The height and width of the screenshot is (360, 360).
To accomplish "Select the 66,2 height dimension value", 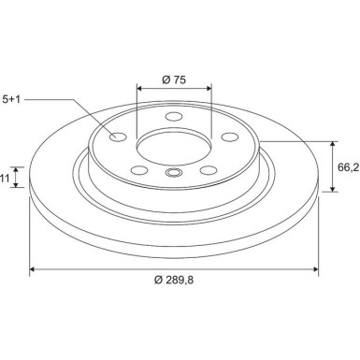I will coord(347,167).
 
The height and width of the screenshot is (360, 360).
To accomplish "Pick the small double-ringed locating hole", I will coord(172,173).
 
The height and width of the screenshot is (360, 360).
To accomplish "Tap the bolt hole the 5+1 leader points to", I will coord(118,137).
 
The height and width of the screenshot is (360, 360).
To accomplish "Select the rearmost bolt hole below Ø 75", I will coord(172,117).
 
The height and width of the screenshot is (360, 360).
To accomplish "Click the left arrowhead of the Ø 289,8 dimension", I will coord(35,270).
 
